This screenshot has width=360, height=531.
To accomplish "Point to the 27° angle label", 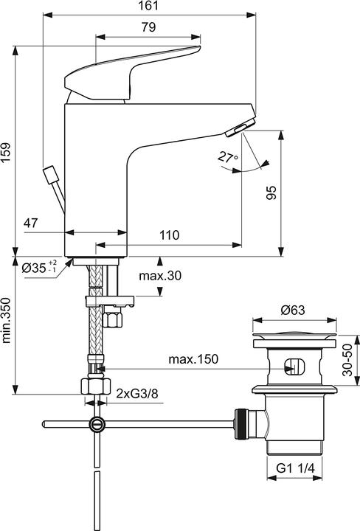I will tap(228, 157).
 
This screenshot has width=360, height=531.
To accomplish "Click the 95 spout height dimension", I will tap(271, 193).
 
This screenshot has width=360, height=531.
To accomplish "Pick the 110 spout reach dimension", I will tap(170, 235).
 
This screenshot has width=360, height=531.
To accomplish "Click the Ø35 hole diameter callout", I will tap(36, 268).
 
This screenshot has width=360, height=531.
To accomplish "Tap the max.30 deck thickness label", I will tap(160, 276).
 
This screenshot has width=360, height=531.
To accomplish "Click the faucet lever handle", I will tap(133, 70).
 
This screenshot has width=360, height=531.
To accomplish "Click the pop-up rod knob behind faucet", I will tap(50, 176).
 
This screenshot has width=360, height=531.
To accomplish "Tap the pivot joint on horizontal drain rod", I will tap(97, 424).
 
